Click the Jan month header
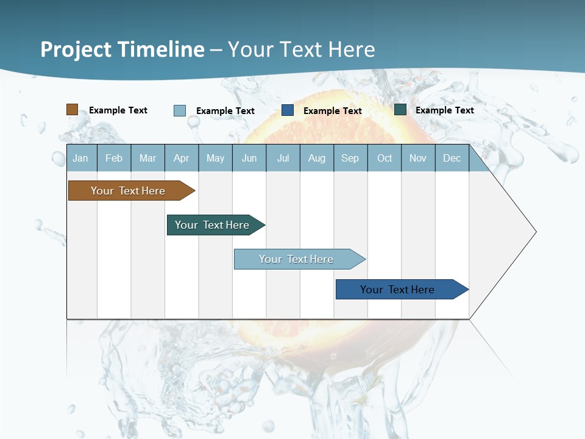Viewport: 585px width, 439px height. tap(80, 158)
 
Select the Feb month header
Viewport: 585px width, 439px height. tap(114, 158)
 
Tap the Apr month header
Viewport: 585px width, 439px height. tap(181, 158)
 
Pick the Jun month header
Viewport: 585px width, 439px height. tap(249, 158)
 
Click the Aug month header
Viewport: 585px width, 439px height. tap(316, 158)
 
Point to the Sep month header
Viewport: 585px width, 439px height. tap(350, 158)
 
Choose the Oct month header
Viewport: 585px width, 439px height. tap(385, 158)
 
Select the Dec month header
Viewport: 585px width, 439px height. tap(452, 158)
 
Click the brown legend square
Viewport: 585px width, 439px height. tap(73, 110)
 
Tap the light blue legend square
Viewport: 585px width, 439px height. tap(180, 110)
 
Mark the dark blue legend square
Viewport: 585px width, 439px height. tap(288, 110)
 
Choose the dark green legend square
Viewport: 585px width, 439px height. tap(400, 110)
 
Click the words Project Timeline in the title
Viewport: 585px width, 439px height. tap(122, 49)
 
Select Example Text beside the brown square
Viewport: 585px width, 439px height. tap(118, 110)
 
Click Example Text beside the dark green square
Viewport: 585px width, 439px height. tap(445, 110)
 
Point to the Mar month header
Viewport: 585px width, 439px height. tap(147, 158)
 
